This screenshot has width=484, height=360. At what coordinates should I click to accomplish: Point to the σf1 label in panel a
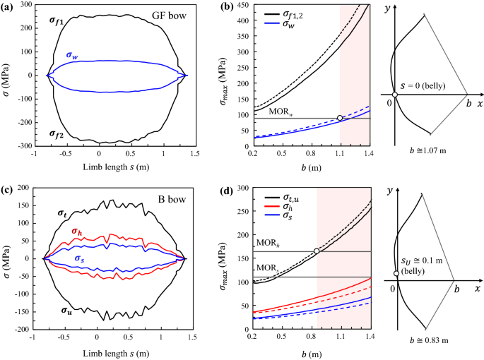pyautogui.click(x=59, y=20)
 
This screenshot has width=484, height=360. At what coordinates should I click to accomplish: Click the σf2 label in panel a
pyautogui.click(x=59, y=133)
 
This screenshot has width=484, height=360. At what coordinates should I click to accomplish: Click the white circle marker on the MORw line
pyautogui.click(x=340, y=118)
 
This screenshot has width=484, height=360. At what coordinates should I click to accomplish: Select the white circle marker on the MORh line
pyautogui.click(x=317, y=251)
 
